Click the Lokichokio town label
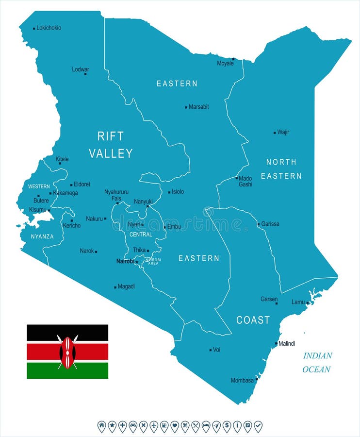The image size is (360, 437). click(x=49, y=28)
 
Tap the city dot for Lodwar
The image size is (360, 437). click(x=85, y=74)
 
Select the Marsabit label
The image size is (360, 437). click(x=199, y=107)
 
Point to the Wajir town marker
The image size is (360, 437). click(x=275, y=132)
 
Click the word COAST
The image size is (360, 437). click(x=253, y=320)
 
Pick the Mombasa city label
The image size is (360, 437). click(x=242, y=380)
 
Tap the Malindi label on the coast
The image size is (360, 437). click(x=287, y=344)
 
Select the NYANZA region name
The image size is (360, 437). click(x=42, y=236)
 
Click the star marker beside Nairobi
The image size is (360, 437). click(x=137, y=262)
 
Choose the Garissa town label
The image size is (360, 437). click(x=270, y=224)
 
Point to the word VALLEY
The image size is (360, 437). click(x=111, y=153)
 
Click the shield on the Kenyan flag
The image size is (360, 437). click(x=67, y=352)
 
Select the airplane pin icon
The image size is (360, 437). click(x=154, y=426)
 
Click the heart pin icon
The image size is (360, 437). click(x=175, y=426)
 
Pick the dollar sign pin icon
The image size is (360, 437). click(x=227, y=426)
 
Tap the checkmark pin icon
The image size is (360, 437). click(x=258, y=426)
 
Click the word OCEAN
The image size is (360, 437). click(x=316, y=370)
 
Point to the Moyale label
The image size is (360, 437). click(x=225, y=64)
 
